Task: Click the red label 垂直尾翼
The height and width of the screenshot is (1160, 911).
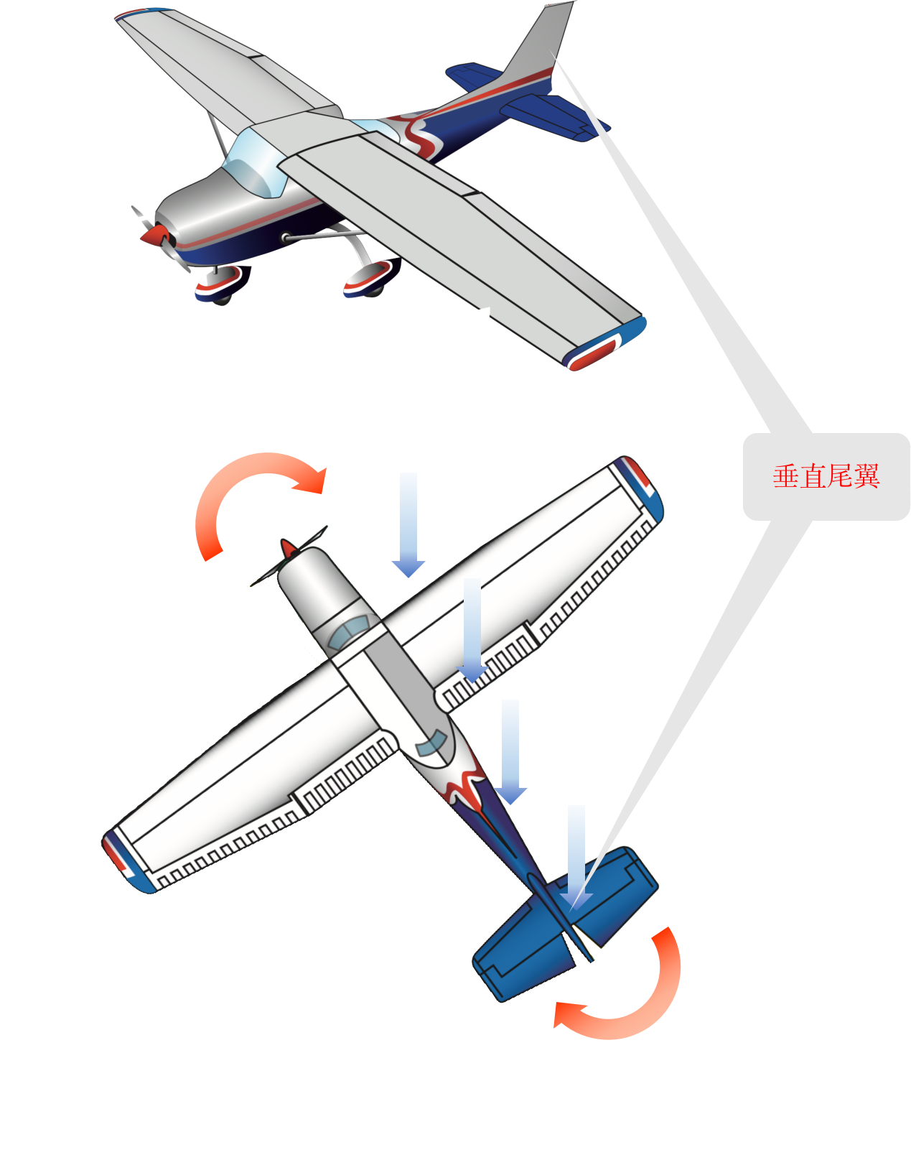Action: (x=826, y=476)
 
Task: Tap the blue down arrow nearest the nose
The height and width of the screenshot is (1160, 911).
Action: (x=408, y=524)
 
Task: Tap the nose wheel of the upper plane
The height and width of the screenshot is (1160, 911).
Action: (x=223, y=284)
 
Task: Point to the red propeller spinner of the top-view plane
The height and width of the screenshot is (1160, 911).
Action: (x=288, y=549)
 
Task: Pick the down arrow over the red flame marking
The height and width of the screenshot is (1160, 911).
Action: (x=510, y=751)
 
